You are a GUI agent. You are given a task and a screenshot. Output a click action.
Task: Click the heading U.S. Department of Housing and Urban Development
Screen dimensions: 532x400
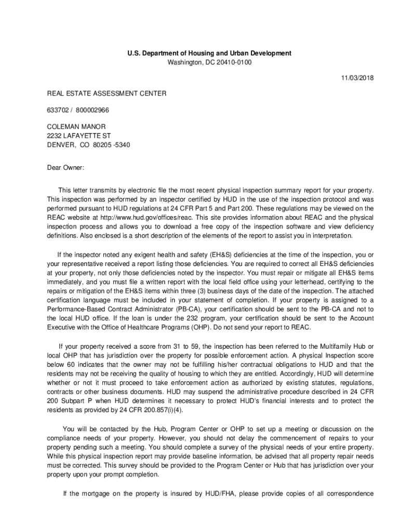[209, 54]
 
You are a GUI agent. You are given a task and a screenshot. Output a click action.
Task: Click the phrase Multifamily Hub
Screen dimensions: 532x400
[337, 347]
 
